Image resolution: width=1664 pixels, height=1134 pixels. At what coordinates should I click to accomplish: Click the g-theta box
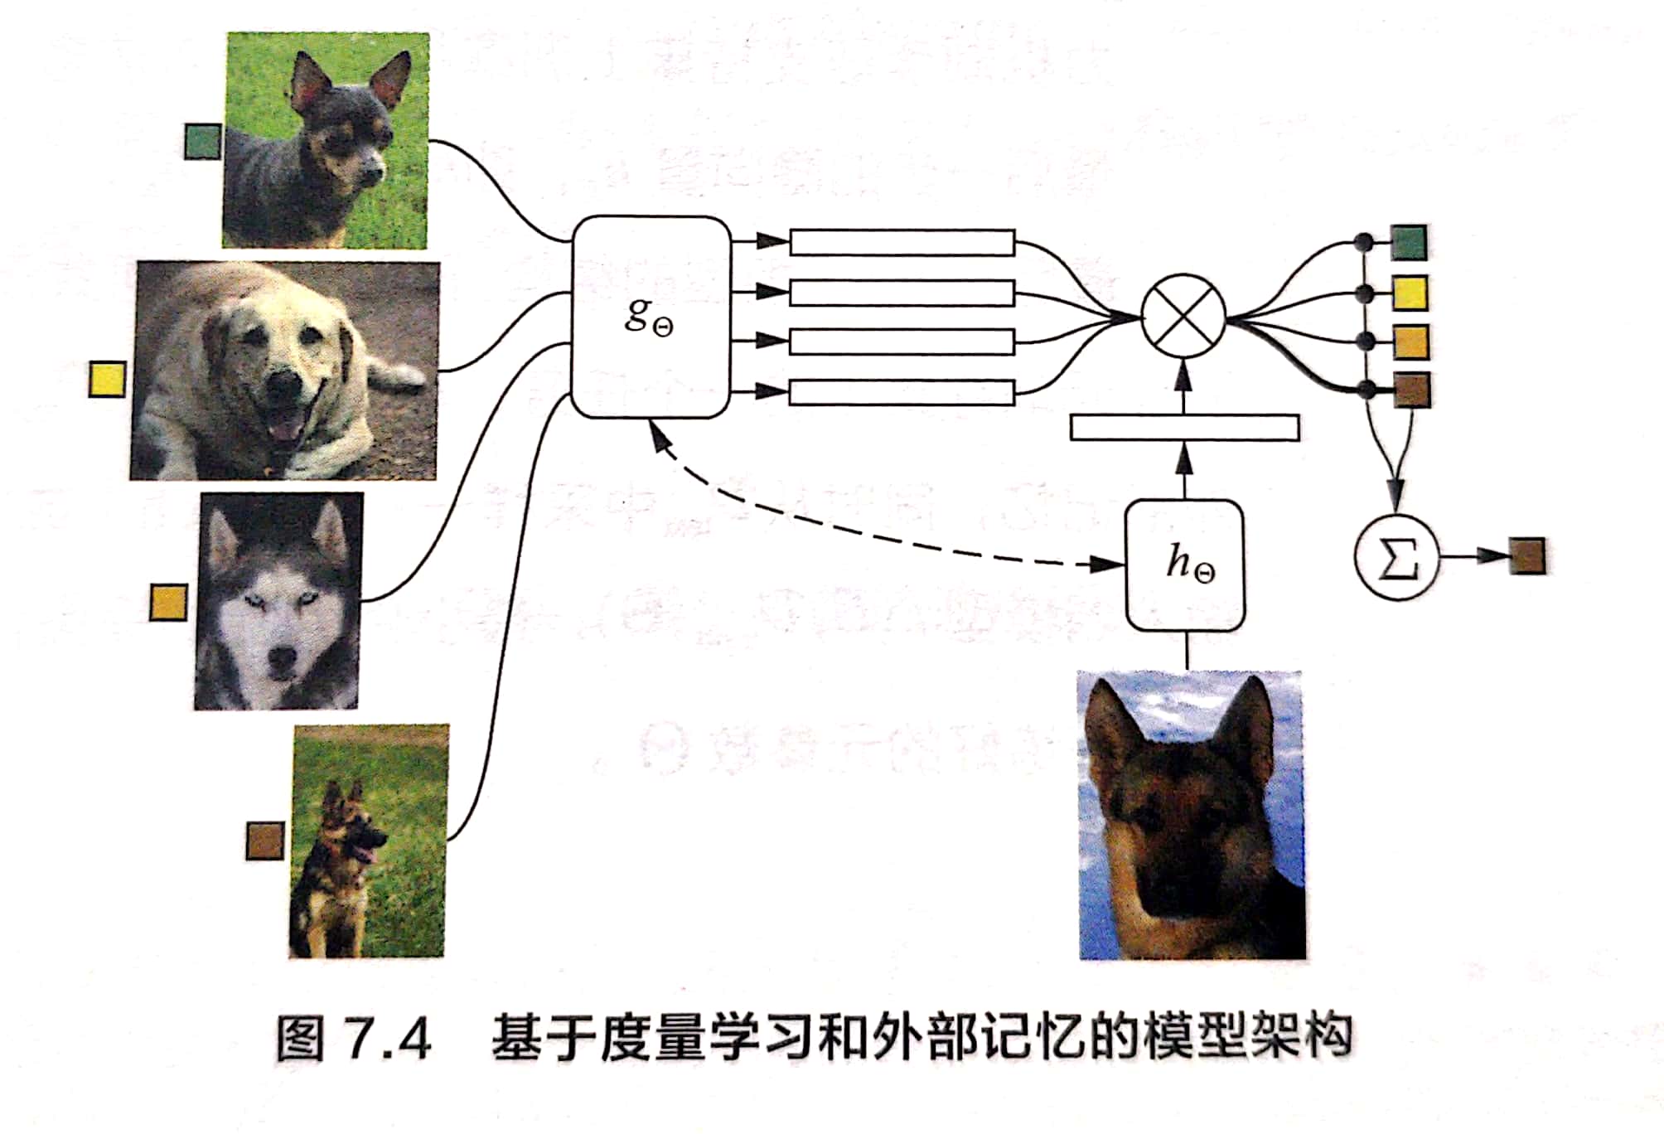[651, 317]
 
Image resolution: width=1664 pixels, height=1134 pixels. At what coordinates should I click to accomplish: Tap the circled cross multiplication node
[1183, 316]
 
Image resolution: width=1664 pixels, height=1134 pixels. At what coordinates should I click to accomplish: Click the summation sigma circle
[1396, 558]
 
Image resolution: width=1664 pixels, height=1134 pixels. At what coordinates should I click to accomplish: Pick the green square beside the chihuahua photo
[202, 141]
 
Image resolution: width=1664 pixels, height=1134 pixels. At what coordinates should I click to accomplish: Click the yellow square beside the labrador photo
[107, 379]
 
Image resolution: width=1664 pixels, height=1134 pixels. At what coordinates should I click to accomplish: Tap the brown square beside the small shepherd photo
[265, 841]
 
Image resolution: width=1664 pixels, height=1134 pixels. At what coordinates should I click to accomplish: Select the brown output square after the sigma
[1526, 556]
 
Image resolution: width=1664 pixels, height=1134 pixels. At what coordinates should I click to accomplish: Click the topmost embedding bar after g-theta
[902, 242]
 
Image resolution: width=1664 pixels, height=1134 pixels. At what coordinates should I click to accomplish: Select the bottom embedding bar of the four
[902, 392]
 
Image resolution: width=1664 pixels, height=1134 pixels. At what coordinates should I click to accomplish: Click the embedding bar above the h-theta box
[1184, 428]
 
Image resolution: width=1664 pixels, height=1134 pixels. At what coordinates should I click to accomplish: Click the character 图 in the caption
[300, 1039]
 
